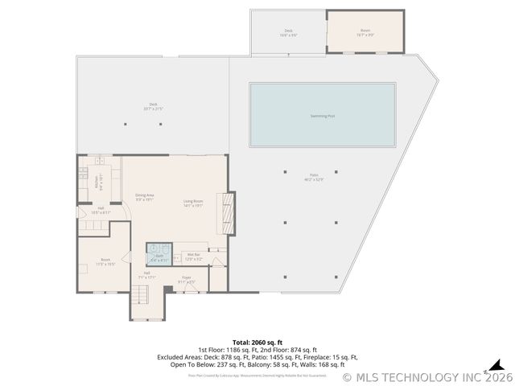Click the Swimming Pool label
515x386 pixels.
tap(323, 116)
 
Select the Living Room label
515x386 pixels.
tap(192, 203)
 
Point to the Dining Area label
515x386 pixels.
tap(145, 197)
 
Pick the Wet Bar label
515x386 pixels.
tap(194, 257)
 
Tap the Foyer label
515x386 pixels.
tap(186, 279)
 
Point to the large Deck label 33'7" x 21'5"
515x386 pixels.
tap(153, 106)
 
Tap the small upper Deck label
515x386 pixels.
tap(288, 33)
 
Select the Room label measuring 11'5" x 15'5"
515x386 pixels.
tap(105, 261)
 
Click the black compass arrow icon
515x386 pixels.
tap(497, 365)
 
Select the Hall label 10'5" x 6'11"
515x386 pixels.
tap(101, 211)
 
